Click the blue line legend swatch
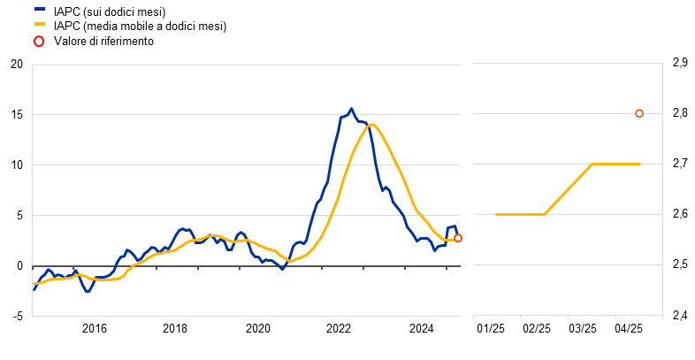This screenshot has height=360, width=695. pyautogui.click(x=39, y=9)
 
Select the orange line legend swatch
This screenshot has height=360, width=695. pyautogui.click(x=39, y=24)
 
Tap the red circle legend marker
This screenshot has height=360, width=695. pyautogui.click(x=39, y=41)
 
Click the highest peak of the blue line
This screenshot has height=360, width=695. pyautogui.click(x=351, y=110)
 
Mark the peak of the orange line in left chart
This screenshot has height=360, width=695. pyautogui.click(x=372, y=125)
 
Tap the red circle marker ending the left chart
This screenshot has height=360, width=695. pyautogui.click(x=458, y=238)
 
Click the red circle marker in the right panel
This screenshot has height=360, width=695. pyautogui.click(x=639, y=113)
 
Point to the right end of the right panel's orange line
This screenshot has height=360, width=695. pyautogui.click(x=639, y=164)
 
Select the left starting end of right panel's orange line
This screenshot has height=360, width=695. pyautogui.click(x=496, y=214)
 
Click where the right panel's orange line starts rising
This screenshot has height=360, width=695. pyautogui.click(x=545, y=214)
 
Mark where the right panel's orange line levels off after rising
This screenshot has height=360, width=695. pyautogui.click(x=592, y=164)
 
